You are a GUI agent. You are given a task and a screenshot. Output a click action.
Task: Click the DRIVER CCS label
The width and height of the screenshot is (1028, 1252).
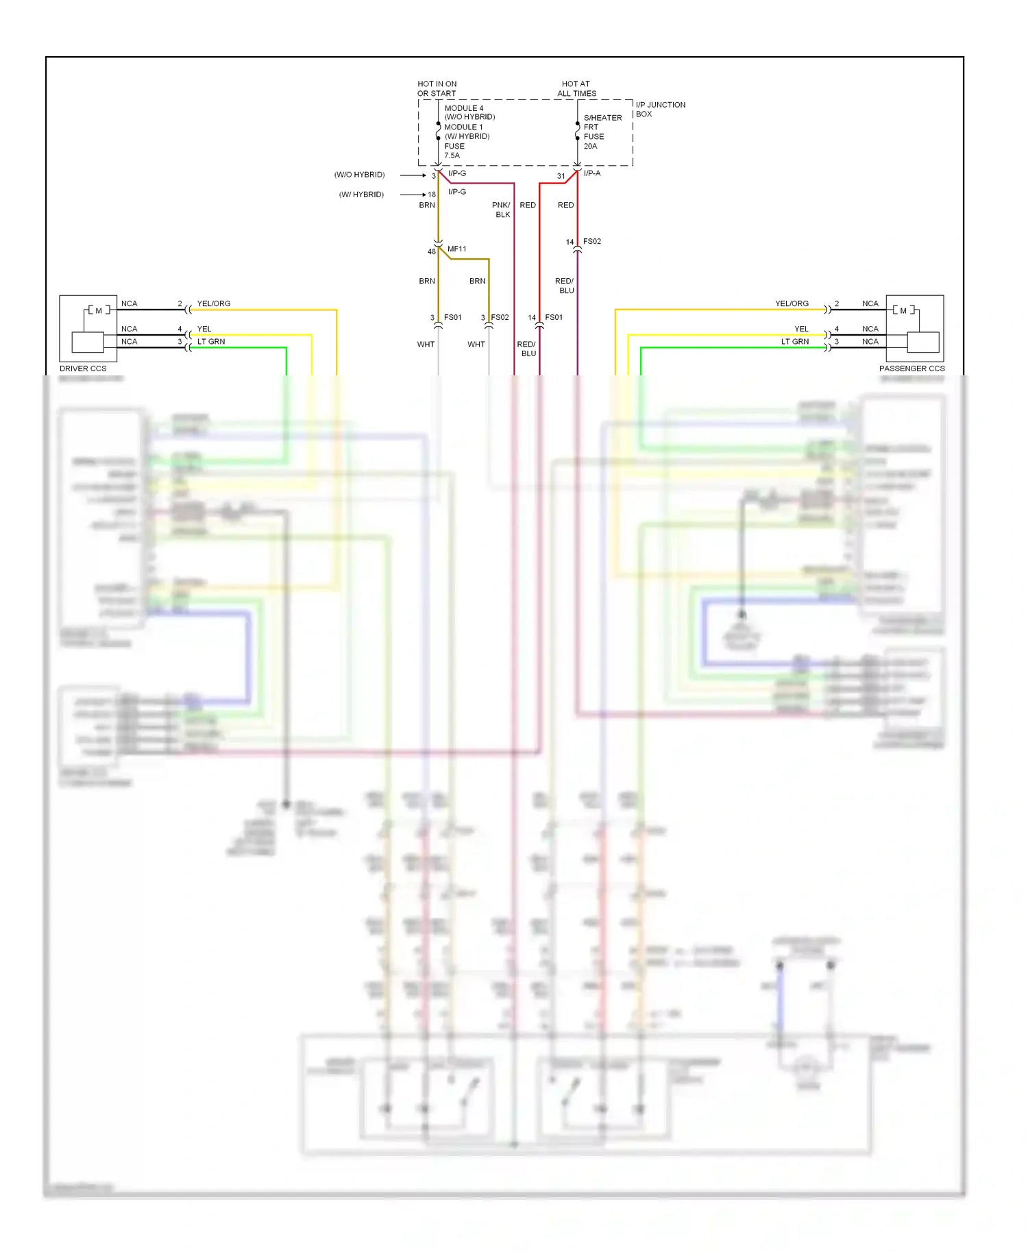83,368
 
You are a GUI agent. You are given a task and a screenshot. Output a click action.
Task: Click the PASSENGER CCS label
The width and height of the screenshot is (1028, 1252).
911,368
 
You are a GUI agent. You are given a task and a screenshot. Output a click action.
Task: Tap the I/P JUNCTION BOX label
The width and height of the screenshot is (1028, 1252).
660,110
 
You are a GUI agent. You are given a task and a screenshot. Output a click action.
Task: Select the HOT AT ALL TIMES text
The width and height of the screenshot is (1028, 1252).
576,89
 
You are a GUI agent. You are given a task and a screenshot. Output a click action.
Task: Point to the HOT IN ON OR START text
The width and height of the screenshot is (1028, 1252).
437,89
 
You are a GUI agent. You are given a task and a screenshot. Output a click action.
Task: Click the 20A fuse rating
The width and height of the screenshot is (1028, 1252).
590,147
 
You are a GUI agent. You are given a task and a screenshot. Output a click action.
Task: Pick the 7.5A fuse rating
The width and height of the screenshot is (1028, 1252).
452,155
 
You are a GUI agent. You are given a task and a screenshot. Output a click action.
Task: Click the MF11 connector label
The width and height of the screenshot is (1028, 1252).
457,249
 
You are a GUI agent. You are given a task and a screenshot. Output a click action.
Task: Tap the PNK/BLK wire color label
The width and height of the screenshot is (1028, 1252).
502,210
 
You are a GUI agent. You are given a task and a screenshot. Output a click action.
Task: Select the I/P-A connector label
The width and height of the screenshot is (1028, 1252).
592,173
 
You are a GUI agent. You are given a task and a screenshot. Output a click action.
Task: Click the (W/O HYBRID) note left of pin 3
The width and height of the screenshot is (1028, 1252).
360,175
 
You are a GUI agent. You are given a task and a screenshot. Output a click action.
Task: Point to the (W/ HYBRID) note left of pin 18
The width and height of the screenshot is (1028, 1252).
361,195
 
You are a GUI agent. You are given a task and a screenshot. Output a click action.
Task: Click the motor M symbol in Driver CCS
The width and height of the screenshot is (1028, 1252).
99,311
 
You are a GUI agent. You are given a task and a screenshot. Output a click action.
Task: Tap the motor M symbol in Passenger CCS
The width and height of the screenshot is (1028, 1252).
903,311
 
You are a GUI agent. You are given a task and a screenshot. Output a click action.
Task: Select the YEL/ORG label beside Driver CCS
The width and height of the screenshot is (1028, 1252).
214,303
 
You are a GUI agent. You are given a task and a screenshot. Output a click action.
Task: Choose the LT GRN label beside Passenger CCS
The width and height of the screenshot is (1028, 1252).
795,342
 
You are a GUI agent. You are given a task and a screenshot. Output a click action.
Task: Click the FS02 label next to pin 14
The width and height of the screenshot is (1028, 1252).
592,242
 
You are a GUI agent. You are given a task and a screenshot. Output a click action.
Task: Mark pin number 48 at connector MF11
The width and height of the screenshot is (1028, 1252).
432,251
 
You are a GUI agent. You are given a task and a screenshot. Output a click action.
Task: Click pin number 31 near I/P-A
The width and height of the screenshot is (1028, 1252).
561,176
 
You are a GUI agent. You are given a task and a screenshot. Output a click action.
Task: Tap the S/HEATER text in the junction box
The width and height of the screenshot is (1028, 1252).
602,118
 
